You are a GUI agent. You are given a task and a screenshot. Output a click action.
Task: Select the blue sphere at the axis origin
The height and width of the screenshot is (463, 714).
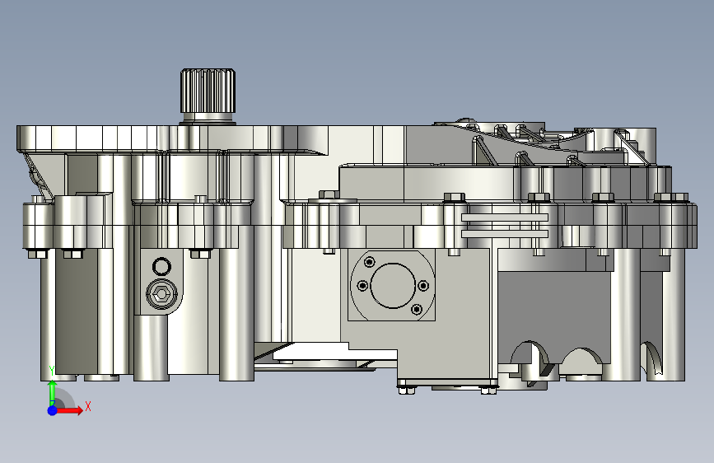[x=53, y=410]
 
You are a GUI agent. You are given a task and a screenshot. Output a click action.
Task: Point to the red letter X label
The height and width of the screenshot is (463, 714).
[x=88, y=406]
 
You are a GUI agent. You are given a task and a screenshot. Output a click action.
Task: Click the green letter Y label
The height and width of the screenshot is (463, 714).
[x=52, y=371]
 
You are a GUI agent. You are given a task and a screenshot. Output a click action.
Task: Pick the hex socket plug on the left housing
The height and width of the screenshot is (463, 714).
[x=161, y=295]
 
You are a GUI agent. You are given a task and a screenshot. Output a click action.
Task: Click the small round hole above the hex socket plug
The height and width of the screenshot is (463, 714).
[x=161, y=267]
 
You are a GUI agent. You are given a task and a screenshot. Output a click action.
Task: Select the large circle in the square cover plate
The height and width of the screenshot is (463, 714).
[x=393, y=286]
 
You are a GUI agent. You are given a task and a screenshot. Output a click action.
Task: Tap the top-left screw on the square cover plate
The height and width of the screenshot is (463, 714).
[x=369, y=262]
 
